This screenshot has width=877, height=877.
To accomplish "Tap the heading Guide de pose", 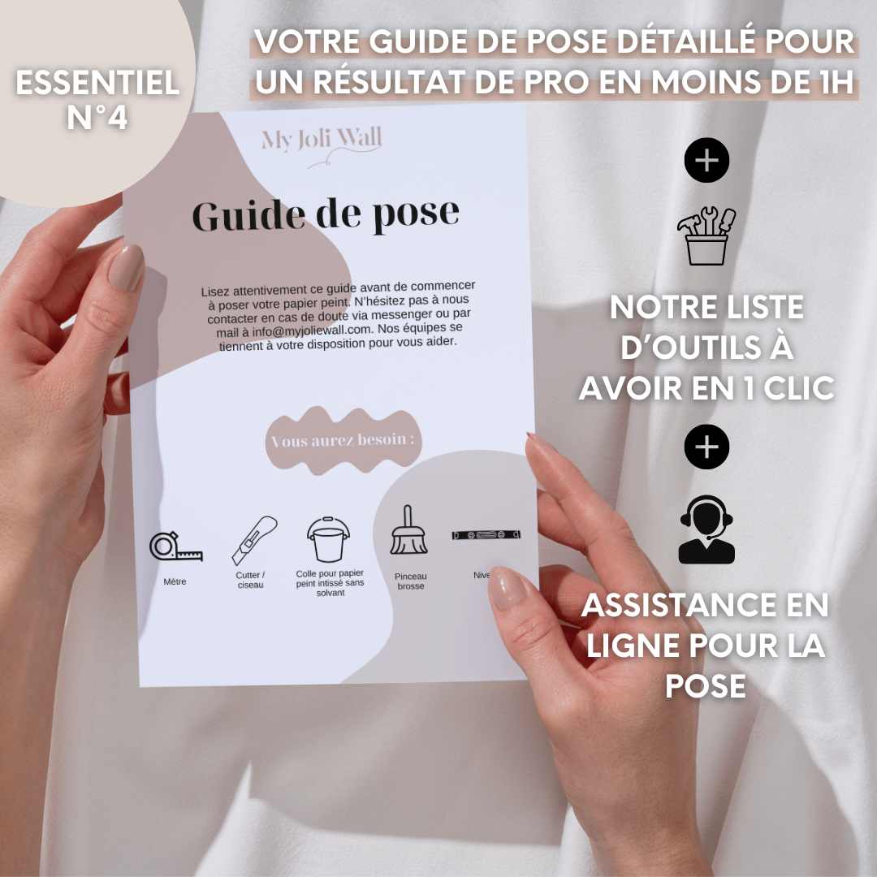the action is click(326, 214).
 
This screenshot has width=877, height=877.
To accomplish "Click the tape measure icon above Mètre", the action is click(175, 547).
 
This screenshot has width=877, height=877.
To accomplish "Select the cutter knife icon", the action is click(254, 540).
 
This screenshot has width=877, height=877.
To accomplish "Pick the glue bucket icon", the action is click(330, 538).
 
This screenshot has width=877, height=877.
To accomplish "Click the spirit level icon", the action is click(486, 535).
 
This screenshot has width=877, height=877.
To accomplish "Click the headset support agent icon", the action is click(706, 529).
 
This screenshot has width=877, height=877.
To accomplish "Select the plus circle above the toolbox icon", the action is click(707, 160).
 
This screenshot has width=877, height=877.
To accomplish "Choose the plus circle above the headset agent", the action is click(707, 447).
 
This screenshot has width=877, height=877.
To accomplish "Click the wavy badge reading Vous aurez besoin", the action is click(343, 440).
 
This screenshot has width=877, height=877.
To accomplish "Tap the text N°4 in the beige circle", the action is click(97, 118).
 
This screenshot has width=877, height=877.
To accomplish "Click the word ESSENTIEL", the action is click(97, 84).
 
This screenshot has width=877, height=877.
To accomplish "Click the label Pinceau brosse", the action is click(411, 581).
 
